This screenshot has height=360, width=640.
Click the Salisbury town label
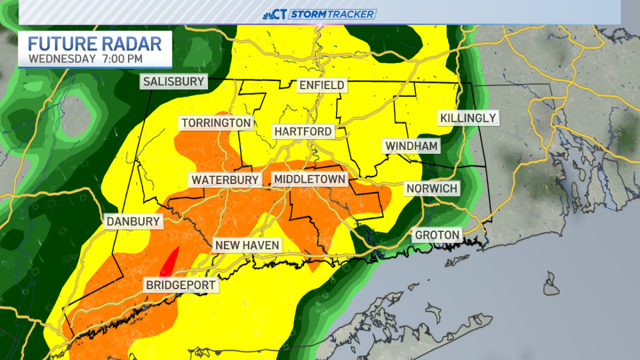(174, 82)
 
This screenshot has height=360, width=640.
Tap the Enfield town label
(322, 85)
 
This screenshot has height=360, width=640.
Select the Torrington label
(216, 123)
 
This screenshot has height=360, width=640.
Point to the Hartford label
(303, 131)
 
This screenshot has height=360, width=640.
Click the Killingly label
(467, 118)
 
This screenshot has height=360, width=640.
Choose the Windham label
(411, 146)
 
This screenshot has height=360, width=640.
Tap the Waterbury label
(225, 180)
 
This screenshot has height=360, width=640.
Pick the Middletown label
(309, 179)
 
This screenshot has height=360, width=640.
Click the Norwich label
(432, 188)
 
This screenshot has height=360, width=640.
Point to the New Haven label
(247, 245)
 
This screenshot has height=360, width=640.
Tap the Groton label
(437, 235)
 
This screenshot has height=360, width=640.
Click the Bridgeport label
(181, 285)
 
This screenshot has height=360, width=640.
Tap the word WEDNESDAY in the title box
(62, 58)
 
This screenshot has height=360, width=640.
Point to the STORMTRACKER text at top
(333, 14)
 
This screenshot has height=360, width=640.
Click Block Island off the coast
(551, 283)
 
